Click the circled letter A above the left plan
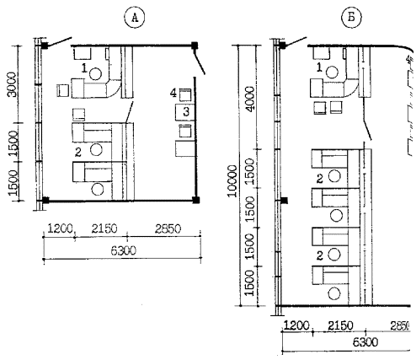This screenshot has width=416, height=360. point(135,18)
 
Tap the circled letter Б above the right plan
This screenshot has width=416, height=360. point(351,18)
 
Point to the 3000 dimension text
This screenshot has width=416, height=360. point(12,84)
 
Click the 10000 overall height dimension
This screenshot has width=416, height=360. point(232,180)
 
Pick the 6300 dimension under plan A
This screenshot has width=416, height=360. point(123,250)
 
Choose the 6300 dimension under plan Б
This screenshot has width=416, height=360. point(365,342)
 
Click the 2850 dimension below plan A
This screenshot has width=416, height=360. point(168,229)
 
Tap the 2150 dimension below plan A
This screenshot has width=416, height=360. point(104,229)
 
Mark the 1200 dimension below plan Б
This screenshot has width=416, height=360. point(296,326)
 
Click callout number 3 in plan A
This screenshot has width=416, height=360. point(186,112)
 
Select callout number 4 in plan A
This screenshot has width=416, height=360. point(173,93)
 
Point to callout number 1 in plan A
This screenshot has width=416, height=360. point(84,67)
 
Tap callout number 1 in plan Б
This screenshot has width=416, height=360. point(319,67)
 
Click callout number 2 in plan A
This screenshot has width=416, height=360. point(77,153)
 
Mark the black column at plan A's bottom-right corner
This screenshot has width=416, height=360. point(196,200)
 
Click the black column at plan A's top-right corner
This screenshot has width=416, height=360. point(195,45)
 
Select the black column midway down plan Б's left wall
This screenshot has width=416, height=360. point(284,200)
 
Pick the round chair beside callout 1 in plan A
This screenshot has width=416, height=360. point(95,74)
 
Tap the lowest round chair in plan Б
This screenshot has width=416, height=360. point(334,293)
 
